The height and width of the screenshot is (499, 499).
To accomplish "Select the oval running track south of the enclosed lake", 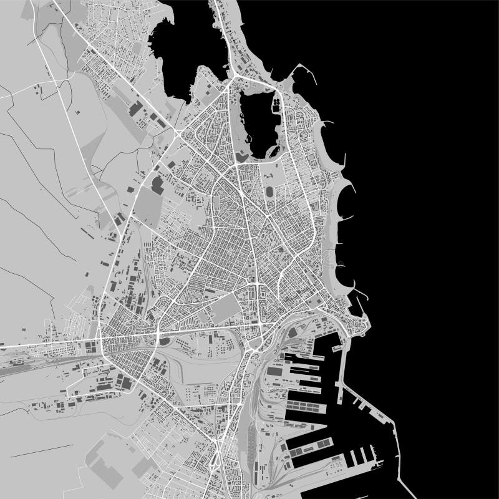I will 269,191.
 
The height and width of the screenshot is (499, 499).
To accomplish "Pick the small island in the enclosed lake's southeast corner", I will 272,152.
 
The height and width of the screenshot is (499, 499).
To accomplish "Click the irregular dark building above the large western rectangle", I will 157,184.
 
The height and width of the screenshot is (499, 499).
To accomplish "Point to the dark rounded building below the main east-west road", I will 164,341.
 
